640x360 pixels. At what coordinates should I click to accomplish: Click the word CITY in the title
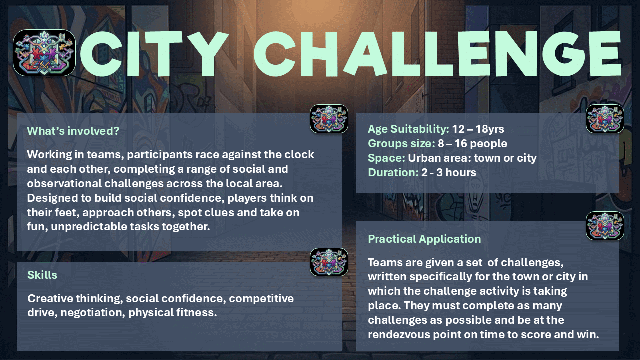(x=154, y=54)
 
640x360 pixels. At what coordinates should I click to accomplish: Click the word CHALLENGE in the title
(x=437, y=54)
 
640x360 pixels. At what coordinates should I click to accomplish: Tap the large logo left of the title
(x=44, y=53)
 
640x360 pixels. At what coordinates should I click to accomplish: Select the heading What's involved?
(x=73, y=131)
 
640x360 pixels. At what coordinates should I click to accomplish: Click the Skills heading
(x=42, y=275)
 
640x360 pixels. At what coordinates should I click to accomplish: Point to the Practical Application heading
(x=424, y=239)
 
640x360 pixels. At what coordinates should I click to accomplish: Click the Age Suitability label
(x=408, y=129)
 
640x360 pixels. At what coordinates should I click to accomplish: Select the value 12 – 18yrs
(x=478, y=129)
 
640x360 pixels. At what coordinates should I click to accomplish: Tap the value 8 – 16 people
(x=472, y=143)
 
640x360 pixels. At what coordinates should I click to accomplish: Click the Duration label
(x=393, y=172)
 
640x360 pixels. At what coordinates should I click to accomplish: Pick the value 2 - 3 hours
(x=449, y=172)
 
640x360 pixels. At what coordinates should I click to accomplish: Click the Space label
(x=386, y=158)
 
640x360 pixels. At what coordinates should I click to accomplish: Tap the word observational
(x=64, y=183)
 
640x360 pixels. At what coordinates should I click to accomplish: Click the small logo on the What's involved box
(x=329, y=119)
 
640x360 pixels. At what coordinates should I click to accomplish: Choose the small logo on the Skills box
(x=329, y=262)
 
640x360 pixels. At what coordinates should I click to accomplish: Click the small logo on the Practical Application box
(x=605, y=226)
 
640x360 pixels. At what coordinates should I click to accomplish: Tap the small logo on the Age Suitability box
(x=605, y=119)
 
